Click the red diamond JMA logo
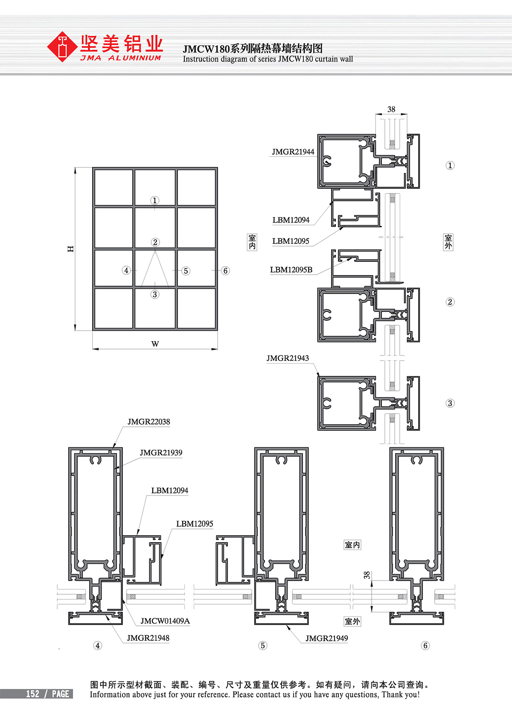point(62,47)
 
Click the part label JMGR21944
point(293,152)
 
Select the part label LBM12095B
point(291,270)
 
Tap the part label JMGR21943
point(287,358)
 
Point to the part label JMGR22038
point(148,421)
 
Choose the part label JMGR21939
point(161,452)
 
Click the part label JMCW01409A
point(165,621)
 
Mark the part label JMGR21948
point(148,638)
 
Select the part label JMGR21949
point(327,638)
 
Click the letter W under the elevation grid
point(155,344)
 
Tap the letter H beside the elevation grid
point(70,249)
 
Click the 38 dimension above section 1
point(391,109)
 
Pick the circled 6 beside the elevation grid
point(225,270)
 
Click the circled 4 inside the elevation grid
point(126,270)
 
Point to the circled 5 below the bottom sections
point(262,646)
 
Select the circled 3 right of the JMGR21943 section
point(450,403)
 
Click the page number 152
point(32,694)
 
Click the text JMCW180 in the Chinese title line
point(206,49)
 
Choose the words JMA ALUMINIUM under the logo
point(121,58)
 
